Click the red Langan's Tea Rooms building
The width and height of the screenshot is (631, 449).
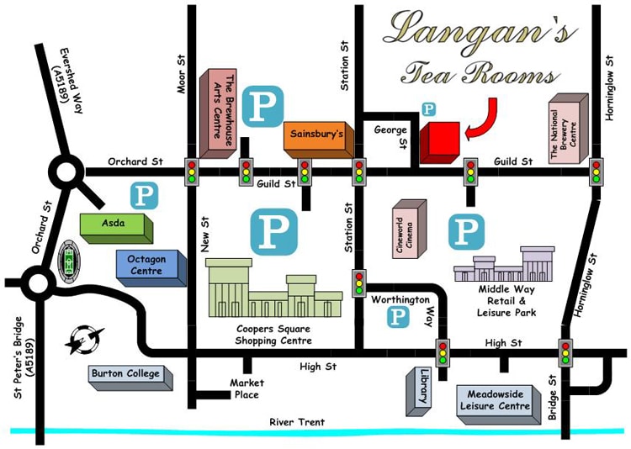[440, 142]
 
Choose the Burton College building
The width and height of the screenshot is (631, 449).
[129, 376]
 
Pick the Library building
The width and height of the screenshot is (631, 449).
[420, 390]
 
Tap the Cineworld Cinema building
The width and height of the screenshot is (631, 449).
[411, 225]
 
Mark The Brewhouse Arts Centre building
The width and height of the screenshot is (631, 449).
[218, 113]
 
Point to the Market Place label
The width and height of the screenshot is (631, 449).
[247, 388]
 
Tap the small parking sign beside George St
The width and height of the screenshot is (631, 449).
[429, 109]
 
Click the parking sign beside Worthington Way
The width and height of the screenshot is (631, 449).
[397, 317]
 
